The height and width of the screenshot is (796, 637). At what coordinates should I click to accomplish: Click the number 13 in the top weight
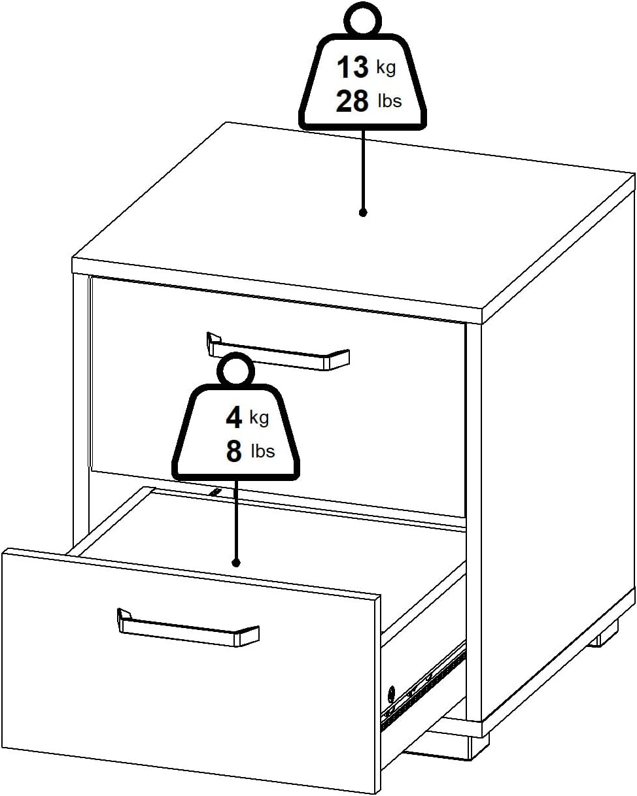[x=353, y=67]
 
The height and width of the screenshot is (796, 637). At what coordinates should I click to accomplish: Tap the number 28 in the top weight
[x=353, y=101]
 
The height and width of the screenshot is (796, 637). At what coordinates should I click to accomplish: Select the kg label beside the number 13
[x=386, y=67]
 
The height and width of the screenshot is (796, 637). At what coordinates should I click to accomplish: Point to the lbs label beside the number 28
[x=390, y=101]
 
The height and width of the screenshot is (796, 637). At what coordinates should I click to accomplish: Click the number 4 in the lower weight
[x=233, y=418]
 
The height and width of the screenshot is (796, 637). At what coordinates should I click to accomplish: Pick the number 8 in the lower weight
[x=234, y=452]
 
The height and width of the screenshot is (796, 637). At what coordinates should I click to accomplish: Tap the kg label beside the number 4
[x=259, y=417]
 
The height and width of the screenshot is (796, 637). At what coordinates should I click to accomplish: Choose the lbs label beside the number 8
[x=263, y=451]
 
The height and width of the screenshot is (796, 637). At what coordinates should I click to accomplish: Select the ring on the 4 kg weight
[x=235, y=371]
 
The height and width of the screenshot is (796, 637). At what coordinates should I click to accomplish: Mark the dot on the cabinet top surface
[x=363, y=212]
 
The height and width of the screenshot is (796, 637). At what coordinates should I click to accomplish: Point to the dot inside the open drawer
[x=236, y=562]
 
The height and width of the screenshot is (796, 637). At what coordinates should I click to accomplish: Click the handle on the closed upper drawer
[x=278, y=353]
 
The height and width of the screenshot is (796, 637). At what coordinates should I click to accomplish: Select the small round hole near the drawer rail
[x=392, y=692]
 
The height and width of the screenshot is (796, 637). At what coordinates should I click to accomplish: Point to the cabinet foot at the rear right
[x=602, y=635]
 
